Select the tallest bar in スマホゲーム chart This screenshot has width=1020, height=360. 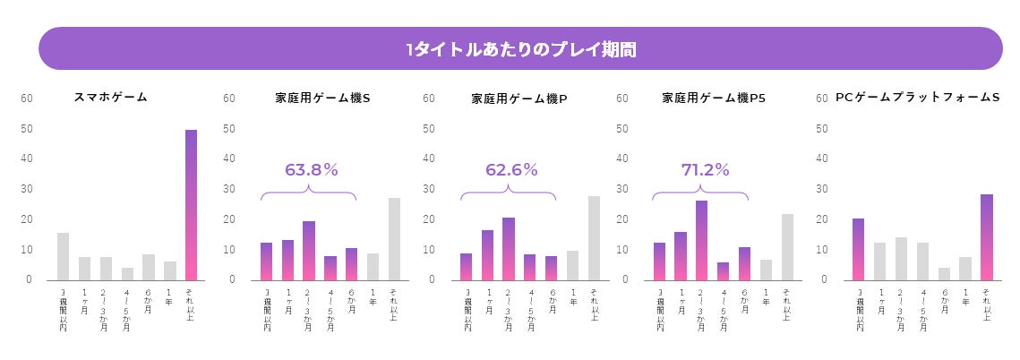[x=191, y=205]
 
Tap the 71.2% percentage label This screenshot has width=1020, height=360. [x=705, y=170]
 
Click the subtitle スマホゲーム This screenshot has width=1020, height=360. [x=110, y=97]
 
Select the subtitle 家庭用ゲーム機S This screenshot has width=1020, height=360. [x=322, y=98]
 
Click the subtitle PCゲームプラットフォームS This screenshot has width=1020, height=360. [x=917, y=97]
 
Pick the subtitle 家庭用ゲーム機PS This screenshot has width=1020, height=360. [x=714, y=98]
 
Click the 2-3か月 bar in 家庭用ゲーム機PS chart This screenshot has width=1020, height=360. [x=701, y=240]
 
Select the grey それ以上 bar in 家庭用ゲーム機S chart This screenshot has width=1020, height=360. [x=394, y=239]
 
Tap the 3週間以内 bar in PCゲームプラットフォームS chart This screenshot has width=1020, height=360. [x=858, y=249]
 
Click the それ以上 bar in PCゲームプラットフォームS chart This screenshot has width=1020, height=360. [x=986, y=237]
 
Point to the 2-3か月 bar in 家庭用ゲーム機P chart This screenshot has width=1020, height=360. [x=508, y=249]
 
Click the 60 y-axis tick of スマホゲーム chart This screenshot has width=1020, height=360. [x=26, y=99]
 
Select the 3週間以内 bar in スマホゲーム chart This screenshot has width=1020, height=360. [x=63, y=256]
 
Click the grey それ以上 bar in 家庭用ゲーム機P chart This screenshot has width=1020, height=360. [x=594, y=238]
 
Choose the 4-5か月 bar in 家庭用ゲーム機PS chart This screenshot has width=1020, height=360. [x=723, y=271]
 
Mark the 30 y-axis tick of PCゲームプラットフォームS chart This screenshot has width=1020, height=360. [x=823, y=189]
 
